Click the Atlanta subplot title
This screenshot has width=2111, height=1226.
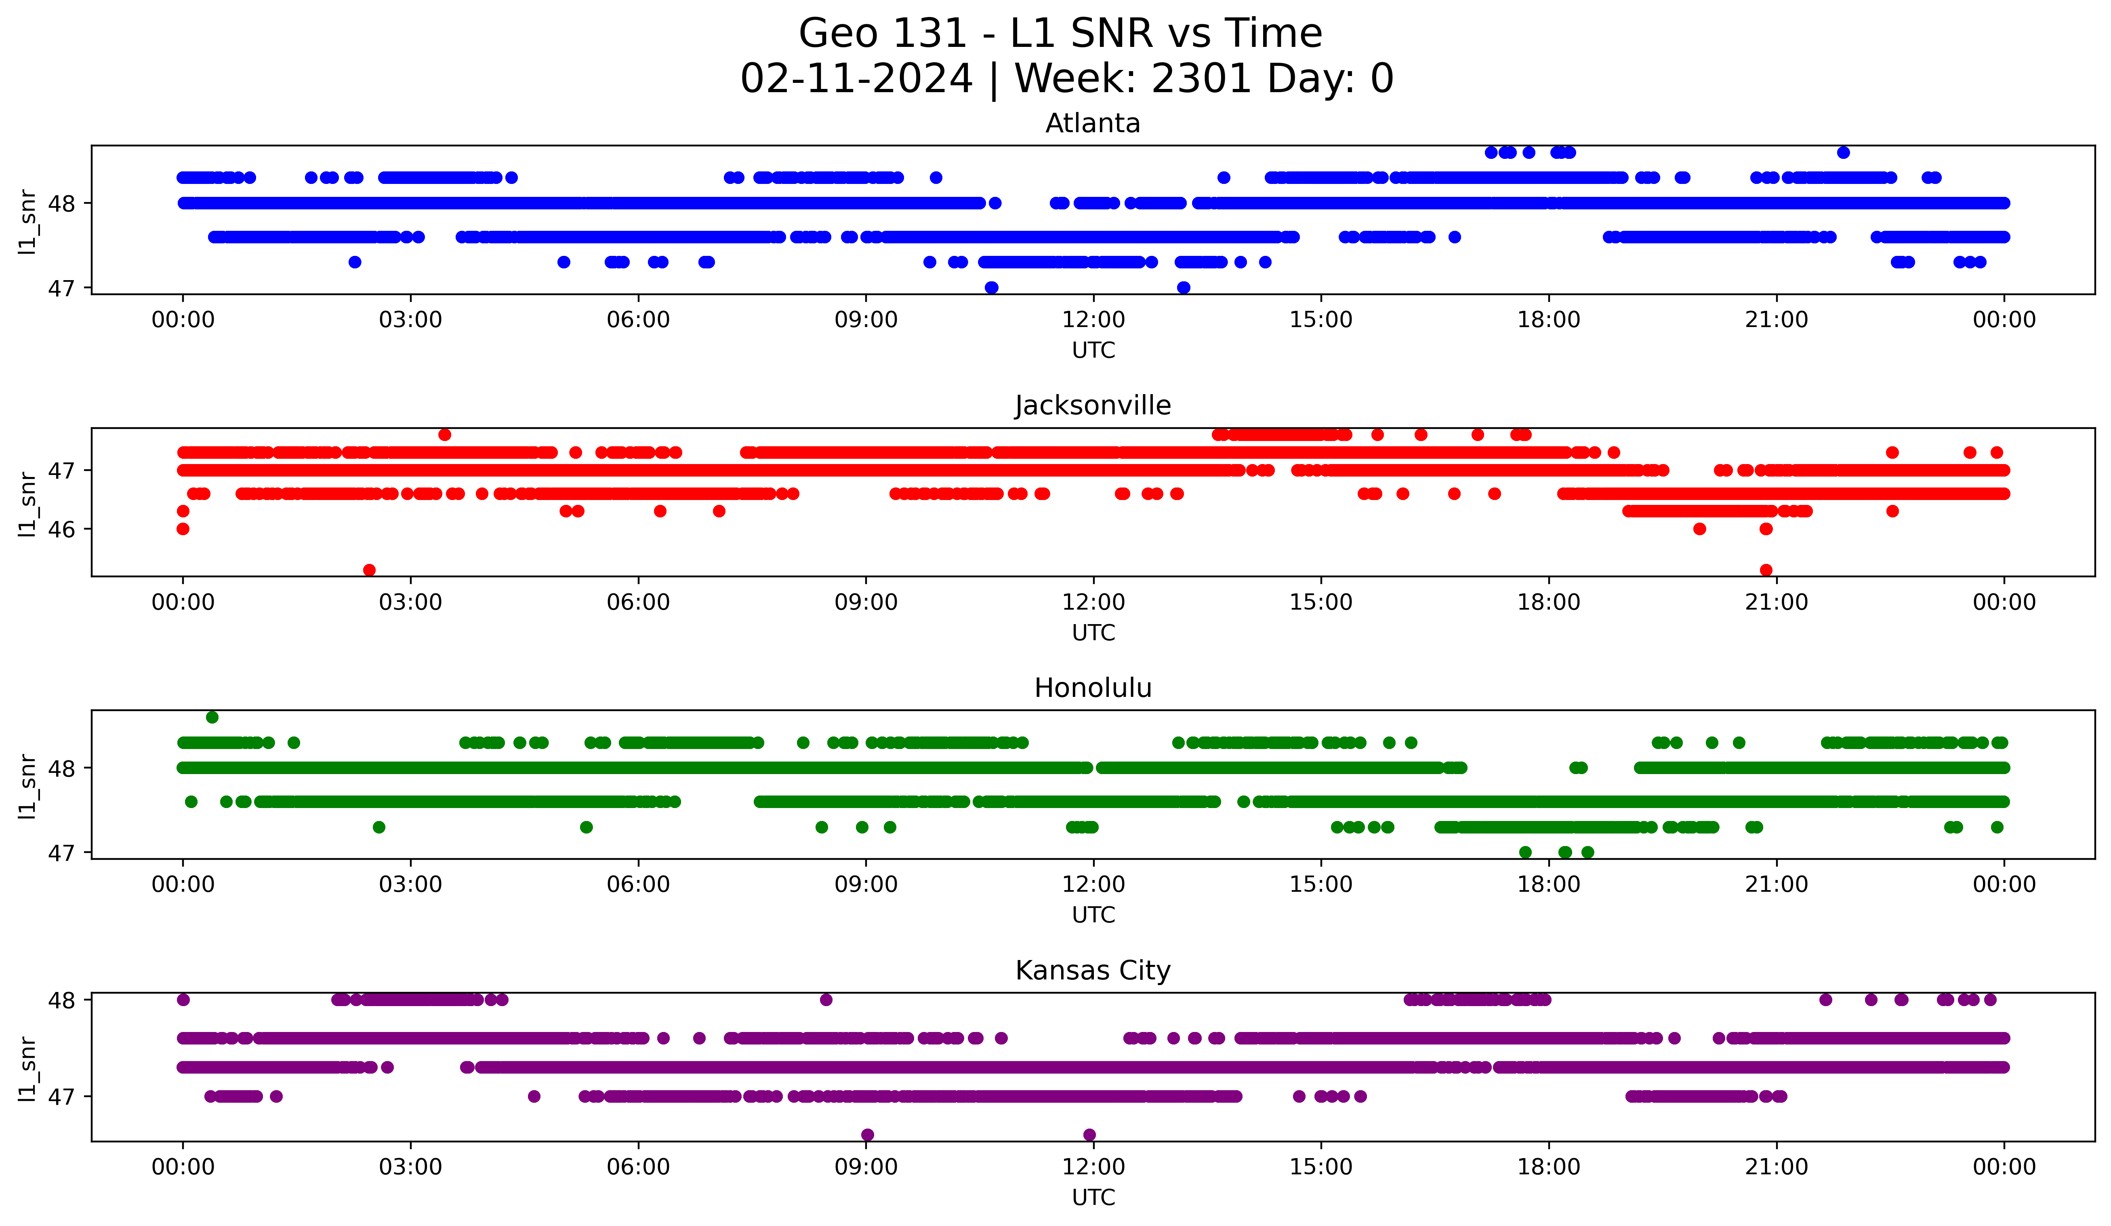click(1092, 123)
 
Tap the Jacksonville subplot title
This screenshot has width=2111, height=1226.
click(1092, 405)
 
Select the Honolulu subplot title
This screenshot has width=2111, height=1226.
click(1092, 688)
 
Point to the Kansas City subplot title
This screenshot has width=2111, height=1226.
click(1092, 971)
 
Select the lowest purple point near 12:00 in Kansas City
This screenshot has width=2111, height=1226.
click(1089, 1135)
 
